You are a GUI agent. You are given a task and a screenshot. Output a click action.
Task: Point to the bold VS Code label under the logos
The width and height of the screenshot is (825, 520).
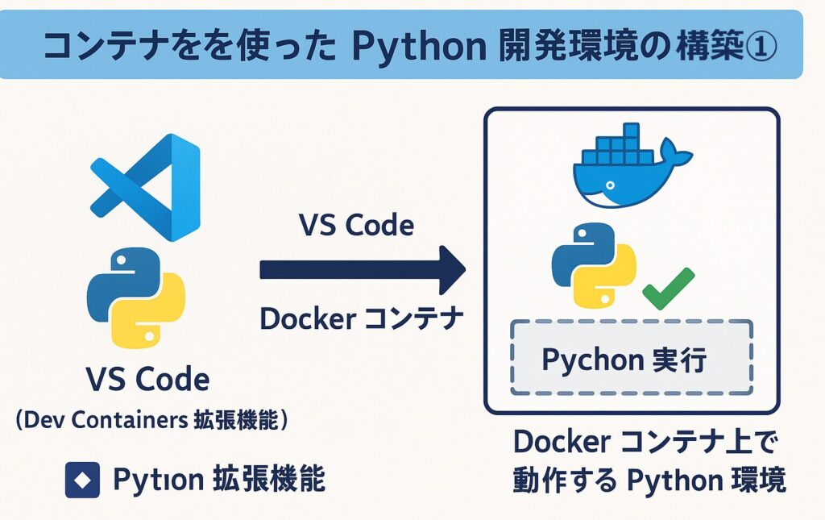click(147, 378)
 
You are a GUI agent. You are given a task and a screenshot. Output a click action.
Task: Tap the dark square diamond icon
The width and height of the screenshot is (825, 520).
click(81, 480)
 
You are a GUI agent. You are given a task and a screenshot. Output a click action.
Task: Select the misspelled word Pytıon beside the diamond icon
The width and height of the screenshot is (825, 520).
click(156, 480)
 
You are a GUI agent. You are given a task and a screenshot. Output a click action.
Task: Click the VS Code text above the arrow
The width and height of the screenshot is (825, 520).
click(356, 226)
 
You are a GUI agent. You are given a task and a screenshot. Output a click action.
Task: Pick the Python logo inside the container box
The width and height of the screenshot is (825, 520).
click(593, 265)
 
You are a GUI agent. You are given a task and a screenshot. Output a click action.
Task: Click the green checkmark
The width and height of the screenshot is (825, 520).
click(668, 289)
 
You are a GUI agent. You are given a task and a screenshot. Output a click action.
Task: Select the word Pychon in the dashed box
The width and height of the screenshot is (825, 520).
click(590, 360)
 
